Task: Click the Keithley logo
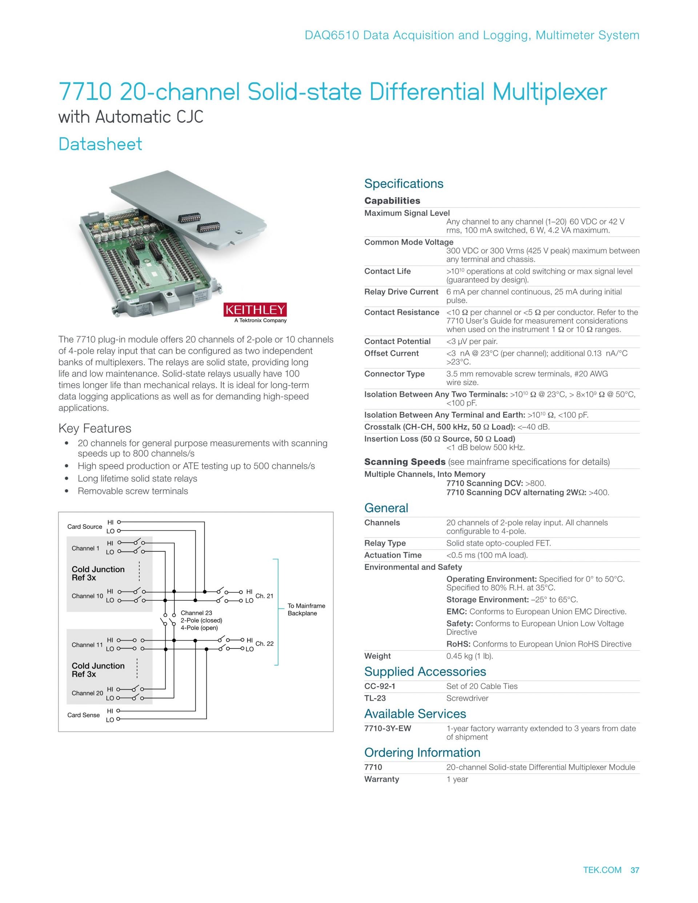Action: pyautogui.click(x=255, y=310)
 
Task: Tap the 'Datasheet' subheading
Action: pyautogui.click(x=100, y=144)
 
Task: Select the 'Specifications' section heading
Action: pyautogui.click(x=404, y=184)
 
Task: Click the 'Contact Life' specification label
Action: pyautogui.click(x=388, y=271)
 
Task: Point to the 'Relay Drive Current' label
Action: pyautogui.click(x=401, y=292)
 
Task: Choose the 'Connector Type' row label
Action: pyautogui.click(x=394, y=374)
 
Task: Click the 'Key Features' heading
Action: pyautogui.click(x=95, y=428)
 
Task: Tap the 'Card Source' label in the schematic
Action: pyautogui.click(x=84, y=526)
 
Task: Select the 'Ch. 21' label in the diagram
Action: pyautogui.click(x=264, y=596)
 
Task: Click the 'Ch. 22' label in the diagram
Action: pyautogui.click(x=264, y=643)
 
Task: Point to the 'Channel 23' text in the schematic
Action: pyautogui.click(x=196, y=613)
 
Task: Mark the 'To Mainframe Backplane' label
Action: pyautogui.click(x=306, y=609)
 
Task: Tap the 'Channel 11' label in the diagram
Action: pyautogui.click(x=87, y=645)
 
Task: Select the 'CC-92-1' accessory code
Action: pyautogui.click(x=380, y=686)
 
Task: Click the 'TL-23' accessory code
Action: pyautogui.click(x=375, y=698)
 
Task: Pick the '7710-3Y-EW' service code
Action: pyautogui.click(x=388, y=729)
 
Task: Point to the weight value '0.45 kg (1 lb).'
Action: pyautogui.click(x=469, y=656)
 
